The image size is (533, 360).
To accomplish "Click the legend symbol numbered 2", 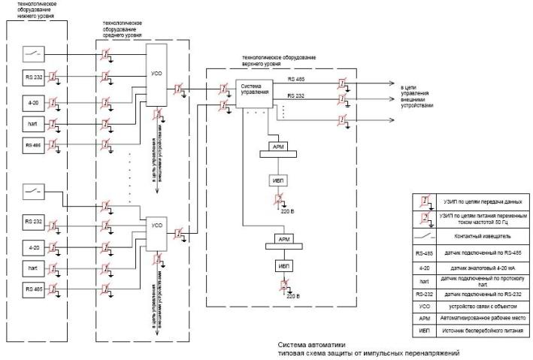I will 425,219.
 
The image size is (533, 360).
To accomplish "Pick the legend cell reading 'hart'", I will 425,280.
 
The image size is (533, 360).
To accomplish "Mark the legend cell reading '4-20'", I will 425,268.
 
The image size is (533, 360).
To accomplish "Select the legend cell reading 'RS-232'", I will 425,295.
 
